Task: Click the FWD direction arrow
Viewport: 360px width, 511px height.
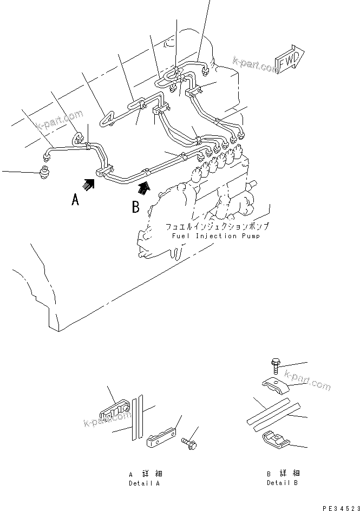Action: [x=290, y=61]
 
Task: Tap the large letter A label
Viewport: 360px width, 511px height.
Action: [x=76, y=200]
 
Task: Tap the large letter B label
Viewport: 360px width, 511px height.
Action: [x=136, y=206]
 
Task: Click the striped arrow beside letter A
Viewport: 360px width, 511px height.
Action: [x=89, y=185]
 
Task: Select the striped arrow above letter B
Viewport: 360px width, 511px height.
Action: [x=143, y=187]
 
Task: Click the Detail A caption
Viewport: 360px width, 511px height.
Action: [x=143, y=479]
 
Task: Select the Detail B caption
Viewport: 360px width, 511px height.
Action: [x=282, y=478]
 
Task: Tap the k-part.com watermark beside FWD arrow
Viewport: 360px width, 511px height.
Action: [x=253, y=63]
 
